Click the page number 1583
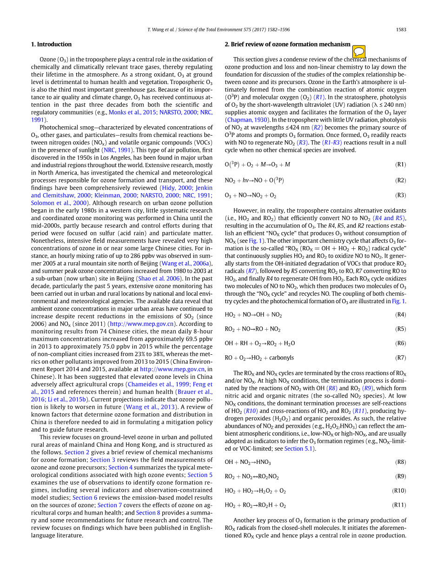pyautogui.click(x=401, y=30)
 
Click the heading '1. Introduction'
pyautogui.click(x=51, y=45)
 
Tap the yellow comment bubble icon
pyautogui.click(x=359, y=51)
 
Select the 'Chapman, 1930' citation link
pyautogui.click(x=247, y=120)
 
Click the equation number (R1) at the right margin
pyautogui.click(x=400, y=164)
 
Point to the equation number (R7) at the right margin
pyautogui.click(x=400, y=358)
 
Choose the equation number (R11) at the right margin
pyautogui.click(x=399, y=505)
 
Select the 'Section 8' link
pyautogui.click(x=148, y=513)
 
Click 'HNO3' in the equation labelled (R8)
pyautogui.click(x=263, y=462)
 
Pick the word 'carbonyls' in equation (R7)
pyautogui.click(x=281, y=358)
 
